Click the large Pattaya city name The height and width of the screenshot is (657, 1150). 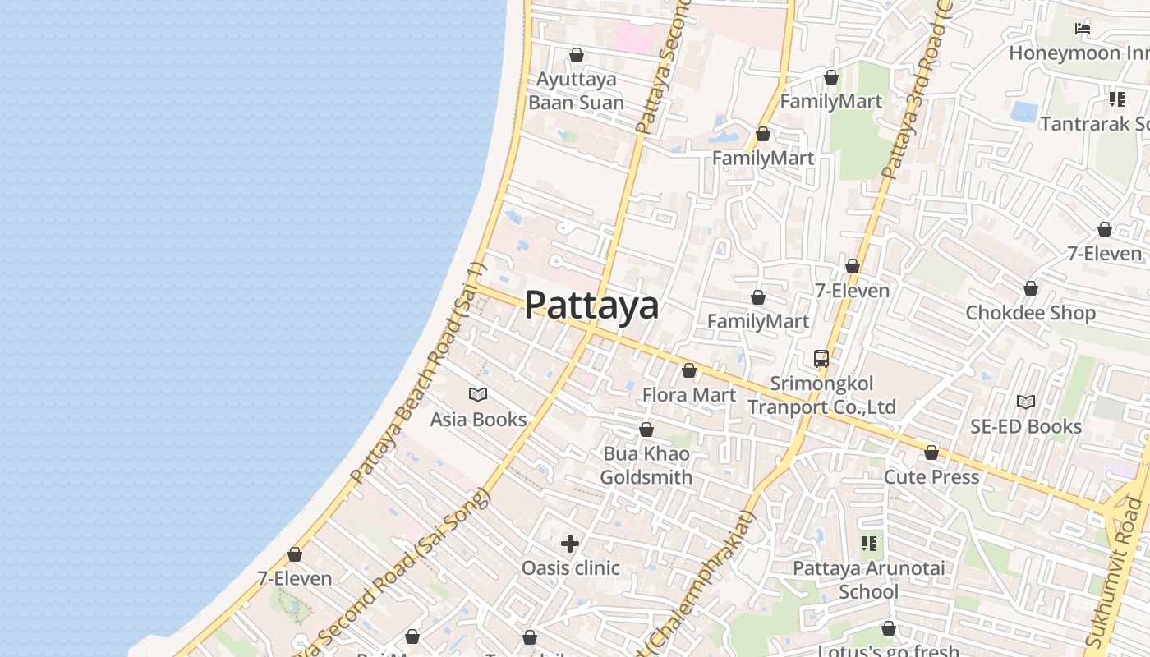click(591, 305)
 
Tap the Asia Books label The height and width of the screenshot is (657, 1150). click(478, 420)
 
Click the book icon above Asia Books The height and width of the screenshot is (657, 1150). click(477, 395)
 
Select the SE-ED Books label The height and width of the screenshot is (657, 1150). click(1026, 426)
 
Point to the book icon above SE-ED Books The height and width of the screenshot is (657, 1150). click(1025, 402)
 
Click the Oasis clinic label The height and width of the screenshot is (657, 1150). click(571, 567)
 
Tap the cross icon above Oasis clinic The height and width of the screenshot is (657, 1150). click(570, 544)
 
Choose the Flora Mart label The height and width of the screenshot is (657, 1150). click(689, 395)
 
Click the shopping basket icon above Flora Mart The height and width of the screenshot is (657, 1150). click(689, 371)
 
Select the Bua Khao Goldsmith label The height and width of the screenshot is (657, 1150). click(646, 466)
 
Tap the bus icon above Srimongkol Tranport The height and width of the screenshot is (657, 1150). click(821, 359)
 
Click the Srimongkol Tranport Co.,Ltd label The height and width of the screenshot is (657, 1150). click(821, 395)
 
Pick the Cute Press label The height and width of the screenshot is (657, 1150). click(931, 477)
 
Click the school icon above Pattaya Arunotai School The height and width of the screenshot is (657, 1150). click(868, 544)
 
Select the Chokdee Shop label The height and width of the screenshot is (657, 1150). click(1030, 313)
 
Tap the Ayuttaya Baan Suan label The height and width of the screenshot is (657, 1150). click(576, 91)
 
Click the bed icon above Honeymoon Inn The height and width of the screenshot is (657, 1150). click(1083, 29)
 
